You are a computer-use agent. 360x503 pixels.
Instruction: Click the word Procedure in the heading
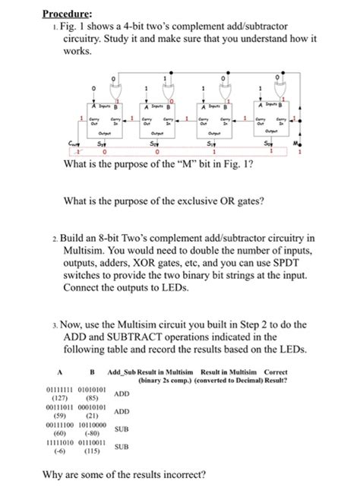66,13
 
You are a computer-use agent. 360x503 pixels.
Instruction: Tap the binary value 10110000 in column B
95,425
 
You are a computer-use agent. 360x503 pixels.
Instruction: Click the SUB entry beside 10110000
122,430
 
